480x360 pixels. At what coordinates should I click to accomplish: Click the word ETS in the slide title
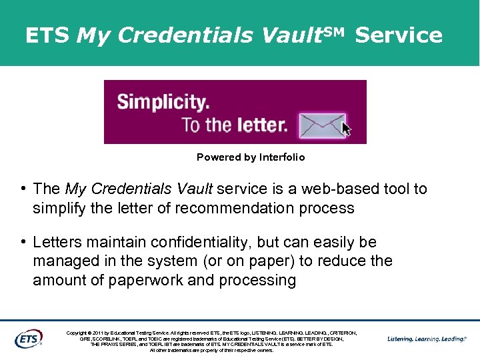(x=47, y=35)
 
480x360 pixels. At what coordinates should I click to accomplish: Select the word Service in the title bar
(x=399, y=35)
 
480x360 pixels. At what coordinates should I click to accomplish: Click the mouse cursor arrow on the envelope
(x=346, y=128)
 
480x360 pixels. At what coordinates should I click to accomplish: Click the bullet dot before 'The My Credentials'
(x=24, y=189)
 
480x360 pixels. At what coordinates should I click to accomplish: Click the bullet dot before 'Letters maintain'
(x=24, y=242)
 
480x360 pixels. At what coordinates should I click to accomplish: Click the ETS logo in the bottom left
(x=28, y=338)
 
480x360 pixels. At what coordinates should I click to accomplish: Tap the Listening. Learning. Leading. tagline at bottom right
(x=427, y=339)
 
